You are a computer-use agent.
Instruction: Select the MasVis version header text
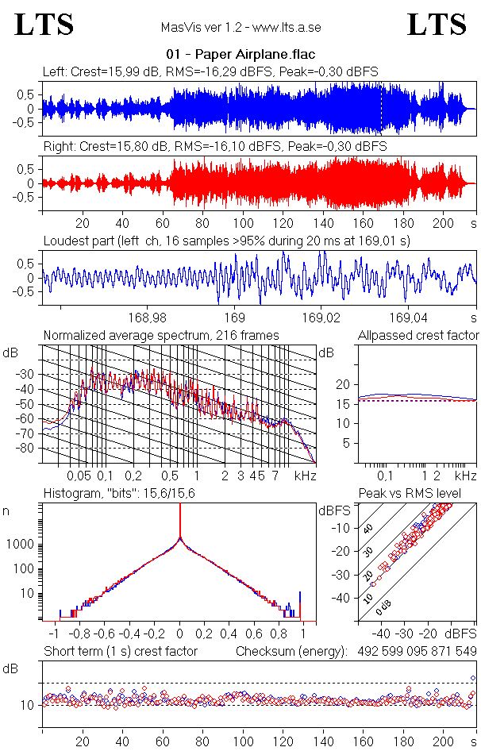(240, 28)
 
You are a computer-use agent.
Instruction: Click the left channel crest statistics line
(210, 71)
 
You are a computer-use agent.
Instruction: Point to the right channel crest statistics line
(214, 147)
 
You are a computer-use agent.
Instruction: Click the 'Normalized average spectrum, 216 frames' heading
(161, 335)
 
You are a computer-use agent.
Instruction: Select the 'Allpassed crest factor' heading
(418, 335)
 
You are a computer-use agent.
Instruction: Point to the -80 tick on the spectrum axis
(31, 449)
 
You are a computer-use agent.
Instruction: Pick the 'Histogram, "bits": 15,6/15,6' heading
(117, 494)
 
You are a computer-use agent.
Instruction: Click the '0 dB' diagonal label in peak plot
(384, 608)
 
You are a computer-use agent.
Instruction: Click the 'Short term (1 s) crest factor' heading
(120, 652)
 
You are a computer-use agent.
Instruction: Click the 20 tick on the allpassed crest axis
(343, 384)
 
